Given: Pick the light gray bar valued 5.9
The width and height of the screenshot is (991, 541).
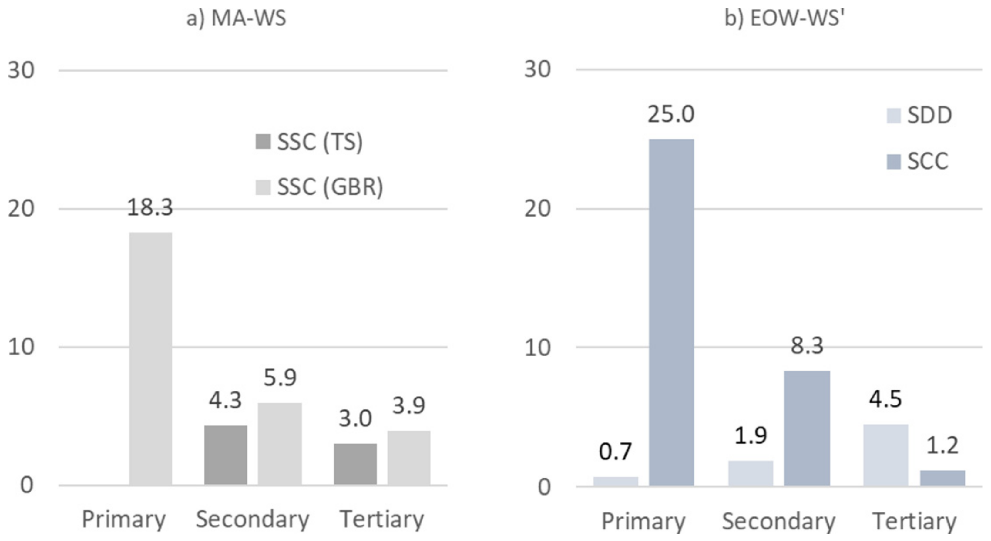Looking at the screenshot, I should pyautogui.click(x=280, y=444).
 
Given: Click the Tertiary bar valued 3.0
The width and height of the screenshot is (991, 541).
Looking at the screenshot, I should pyautogui.click(x=355, y=464).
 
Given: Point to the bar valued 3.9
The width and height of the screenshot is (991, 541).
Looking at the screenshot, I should pyautogui.click(x=408, y=458).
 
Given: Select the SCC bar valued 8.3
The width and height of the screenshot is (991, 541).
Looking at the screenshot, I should pyautogui.click(x=807, y=428).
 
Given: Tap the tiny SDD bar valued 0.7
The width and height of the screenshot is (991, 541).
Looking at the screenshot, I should pyautogui.click(x=616, y=481).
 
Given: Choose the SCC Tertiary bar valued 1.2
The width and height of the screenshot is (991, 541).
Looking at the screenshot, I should pyautogui.click(x=942, y=478).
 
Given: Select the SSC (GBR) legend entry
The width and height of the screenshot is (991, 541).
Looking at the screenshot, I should pyautogui.click(x=319, y=187).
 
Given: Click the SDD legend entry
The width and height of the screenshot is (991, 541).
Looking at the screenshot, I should pyautogui.click(x=919, y=115).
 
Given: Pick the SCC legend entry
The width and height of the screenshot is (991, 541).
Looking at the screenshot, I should pyautogui.click(x=918, y=161).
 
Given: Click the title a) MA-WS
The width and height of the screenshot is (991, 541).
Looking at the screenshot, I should pyautogui.click(x=236, y=18).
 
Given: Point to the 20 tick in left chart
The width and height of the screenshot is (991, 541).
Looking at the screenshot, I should pyautogui.click(x=21, y=209).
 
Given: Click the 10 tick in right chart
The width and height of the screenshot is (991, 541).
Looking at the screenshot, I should pyautogui.click(x=537, y=348).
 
